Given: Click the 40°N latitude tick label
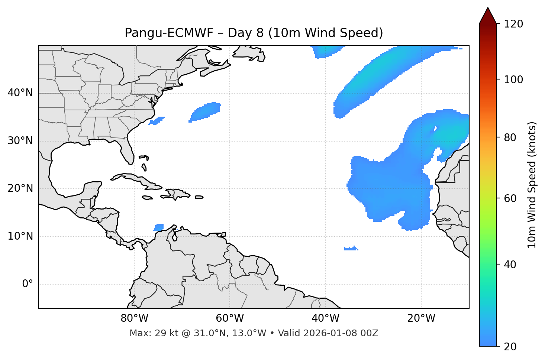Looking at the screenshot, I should [20, 93].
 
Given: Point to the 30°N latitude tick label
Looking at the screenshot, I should [20, 141].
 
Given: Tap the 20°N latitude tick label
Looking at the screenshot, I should [20, 188].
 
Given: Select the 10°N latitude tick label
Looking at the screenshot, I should [20, 236].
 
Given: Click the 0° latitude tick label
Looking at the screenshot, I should [28, 284].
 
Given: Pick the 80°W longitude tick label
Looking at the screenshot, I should [134, 318].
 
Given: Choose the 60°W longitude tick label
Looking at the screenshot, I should [230, 318].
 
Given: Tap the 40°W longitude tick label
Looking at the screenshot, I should [325, 318].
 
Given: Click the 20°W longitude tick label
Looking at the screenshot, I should [421, 318].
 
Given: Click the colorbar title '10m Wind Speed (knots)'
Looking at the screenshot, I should [532, 185].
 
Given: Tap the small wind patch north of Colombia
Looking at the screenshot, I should [159, 227].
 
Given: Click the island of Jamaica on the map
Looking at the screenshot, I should [147, 198].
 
